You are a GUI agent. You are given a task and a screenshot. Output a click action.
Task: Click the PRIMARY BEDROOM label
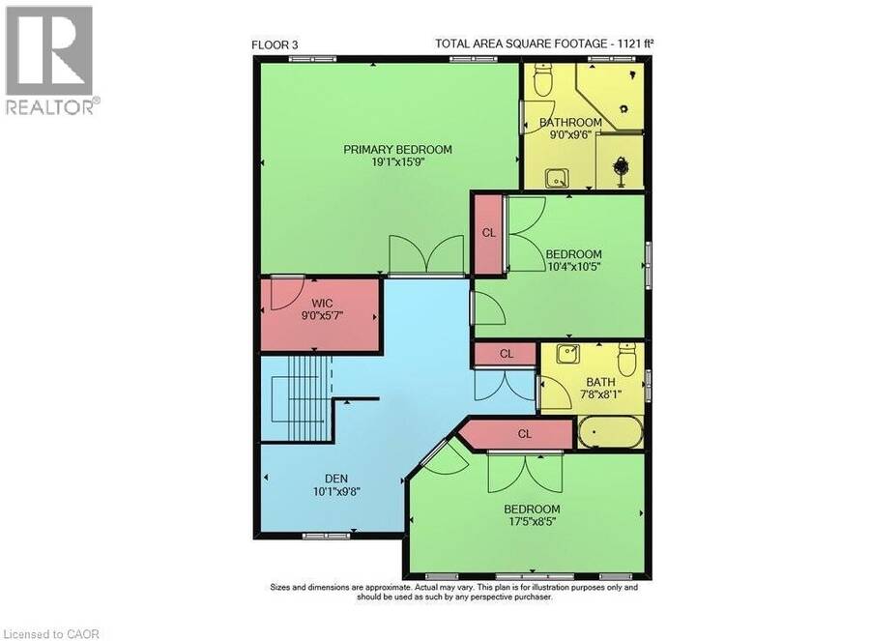[x=397, y=149]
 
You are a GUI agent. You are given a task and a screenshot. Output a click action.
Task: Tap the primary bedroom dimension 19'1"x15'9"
[x=398, y=162]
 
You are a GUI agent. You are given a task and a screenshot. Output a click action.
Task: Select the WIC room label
[x=322, y=303]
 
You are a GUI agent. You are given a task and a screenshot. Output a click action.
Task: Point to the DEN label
[x=336, y=479]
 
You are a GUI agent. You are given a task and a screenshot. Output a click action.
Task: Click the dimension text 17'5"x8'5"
[x=532, y=522]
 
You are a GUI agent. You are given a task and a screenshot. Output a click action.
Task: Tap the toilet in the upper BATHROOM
[x=541, y=80]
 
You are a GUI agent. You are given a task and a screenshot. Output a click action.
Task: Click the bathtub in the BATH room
[x=610, y=432]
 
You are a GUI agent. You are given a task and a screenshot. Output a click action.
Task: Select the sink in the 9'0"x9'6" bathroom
[x=556, y=179]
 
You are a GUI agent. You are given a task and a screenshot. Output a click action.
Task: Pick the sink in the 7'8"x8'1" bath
[x=568, y=353]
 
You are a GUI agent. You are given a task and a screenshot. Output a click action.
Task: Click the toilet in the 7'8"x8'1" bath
[x=626, y=359]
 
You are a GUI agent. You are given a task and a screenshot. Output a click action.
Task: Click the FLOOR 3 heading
[x=278, y=44]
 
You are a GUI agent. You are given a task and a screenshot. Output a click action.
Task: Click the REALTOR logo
[x=51, y=61]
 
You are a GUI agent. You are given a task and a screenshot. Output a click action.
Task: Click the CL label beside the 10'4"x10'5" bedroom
[x=488, y=233]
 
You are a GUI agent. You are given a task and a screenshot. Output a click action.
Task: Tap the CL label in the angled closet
[x=524, y=433]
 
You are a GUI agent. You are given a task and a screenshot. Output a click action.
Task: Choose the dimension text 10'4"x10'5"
[x=573, y=267]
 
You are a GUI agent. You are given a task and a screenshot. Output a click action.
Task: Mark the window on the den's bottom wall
[x=327, y=536]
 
